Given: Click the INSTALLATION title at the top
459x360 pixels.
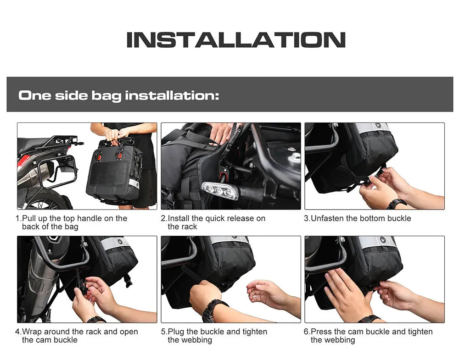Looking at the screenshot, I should tap(235, 40).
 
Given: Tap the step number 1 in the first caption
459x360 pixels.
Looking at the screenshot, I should tap(18, 218).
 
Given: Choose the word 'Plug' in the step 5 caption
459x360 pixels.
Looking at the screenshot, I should tap(176, 332).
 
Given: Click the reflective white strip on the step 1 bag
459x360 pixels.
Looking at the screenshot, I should tap(134, 183).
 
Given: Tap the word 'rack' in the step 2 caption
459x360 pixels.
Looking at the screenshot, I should tap(189, 227).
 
